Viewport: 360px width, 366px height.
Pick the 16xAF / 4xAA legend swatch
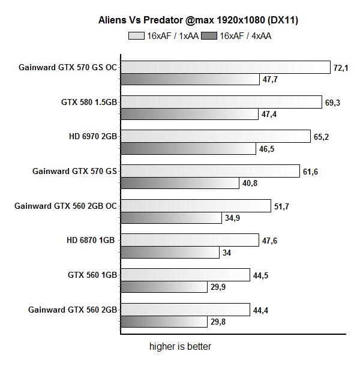(209, 36)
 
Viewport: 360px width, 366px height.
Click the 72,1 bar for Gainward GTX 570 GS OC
(226, 67)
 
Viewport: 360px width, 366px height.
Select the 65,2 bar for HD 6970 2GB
(215, 137)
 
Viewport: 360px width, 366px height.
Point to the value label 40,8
(251, 183)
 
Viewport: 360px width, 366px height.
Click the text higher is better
(180, 347)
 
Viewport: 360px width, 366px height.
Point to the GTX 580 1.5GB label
(89, 102)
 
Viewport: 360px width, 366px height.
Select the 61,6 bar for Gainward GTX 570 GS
(210, 171)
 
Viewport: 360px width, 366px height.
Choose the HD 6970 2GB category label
(92, 137)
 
